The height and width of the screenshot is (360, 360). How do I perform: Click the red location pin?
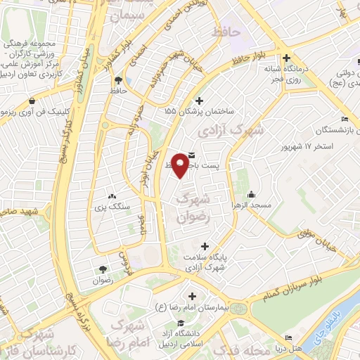click(x=180, y=165)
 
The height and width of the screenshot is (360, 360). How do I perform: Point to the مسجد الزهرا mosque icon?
click(x=252, y=195)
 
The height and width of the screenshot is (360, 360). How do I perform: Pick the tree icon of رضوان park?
click(x=103, y=269)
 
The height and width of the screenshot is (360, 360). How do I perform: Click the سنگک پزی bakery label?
click(x=109, y=206)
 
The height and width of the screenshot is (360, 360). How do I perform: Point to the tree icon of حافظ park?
click(x=118, y=80)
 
